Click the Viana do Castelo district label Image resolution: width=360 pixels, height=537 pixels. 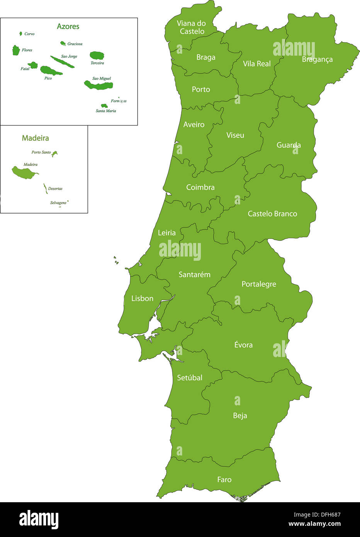pyautogui.click(x=191, y=27)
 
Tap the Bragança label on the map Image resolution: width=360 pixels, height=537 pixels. pyautogui.click(x=317, y=59)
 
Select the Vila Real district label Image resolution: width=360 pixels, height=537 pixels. pyautogui.click(x=256, y=64)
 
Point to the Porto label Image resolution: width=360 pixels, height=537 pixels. pyautogui.click(x=201, y=89)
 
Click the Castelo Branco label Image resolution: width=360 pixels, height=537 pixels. pyautogui.click(x=272, y=214)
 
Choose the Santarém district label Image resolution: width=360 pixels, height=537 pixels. pyautogui.click(x=194, y=275)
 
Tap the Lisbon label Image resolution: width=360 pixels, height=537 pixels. pyautogui.click(x=142, y=299)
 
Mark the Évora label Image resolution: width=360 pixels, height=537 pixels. pyautogui.click(x=243, y=345)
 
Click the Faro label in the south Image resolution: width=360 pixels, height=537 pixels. pyautogui.click(x=224, y=479)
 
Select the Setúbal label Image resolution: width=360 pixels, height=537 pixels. pyautogui.click(x=189, y=378)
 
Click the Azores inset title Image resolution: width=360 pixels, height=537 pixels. pyautogui.click(x=68, y=26)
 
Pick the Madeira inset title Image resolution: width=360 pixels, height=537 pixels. pyautogui.click(x=35, y=138)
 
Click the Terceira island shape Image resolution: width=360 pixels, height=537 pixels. pyautogui.click(x=97, y=56)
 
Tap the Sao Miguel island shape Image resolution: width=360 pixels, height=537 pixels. pyautogui.click(x=98, y=85)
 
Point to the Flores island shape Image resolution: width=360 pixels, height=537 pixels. pyautogui.click(x=16, y=50)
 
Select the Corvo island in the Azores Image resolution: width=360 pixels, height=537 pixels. pyautogui.click(x=21, y=34)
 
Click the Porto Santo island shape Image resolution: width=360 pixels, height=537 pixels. pyautogui.click(x=54, y=153)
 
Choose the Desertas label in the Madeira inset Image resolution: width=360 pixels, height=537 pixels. pyautogui.click(x=55, y=189)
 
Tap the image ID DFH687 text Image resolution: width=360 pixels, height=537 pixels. pyautogui.click(x=328, y=515)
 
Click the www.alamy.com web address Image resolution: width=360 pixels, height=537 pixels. pyautogui.click(x=314, y=524)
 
